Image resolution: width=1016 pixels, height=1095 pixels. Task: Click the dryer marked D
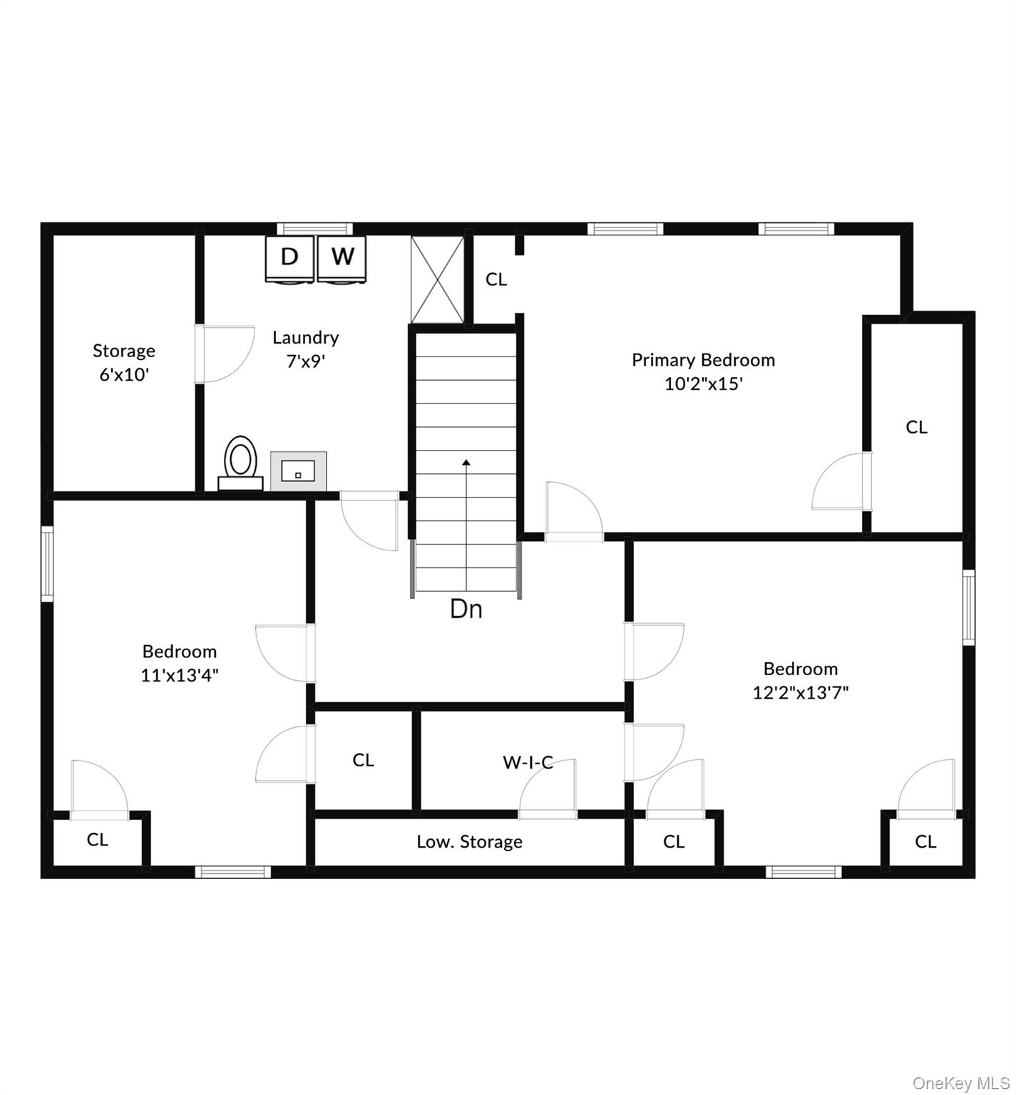[x=289, y=257]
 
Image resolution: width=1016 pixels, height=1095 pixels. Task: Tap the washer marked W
[x=342, y=257]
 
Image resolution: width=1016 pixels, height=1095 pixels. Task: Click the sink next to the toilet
[x=298, y=471]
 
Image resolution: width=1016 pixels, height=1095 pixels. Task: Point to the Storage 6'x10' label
[x=124, y=362]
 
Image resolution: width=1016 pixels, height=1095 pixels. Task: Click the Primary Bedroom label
[x=703, y=360]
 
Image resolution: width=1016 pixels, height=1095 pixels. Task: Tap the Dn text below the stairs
[x=466, y=609]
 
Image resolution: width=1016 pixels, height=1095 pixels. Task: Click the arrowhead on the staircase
[x=466, y=463]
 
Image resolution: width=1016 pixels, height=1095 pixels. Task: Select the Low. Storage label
[x=469, y=842]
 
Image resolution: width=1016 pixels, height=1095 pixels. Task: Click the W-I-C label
[x=528, y=762]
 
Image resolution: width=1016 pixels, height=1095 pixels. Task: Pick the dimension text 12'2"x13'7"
[x=801, y=692]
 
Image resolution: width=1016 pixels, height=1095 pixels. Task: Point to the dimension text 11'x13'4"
[x=179, y=675]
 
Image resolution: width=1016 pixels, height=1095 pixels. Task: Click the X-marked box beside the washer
[x=437, y=279]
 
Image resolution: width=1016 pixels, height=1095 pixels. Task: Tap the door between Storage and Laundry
[x=225, y=354]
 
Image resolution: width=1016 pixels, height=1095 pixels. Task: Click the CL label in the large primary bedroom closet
[x=916, y=427]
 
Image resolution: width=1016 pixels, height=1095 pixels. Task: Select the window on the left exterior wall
[x=47, y=563]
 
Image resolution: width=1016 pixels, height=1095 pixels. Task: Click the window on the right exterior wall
[x=968, y=607]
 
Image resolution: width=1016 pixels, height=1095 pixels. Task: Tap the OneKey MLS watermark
[x=961, y=1084]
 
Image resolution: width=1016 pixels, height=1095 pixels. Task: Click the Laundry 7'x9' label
[x=305, y=349]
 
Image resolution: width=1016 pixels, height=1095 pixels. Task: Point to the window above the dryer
[x=314, y=229]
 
